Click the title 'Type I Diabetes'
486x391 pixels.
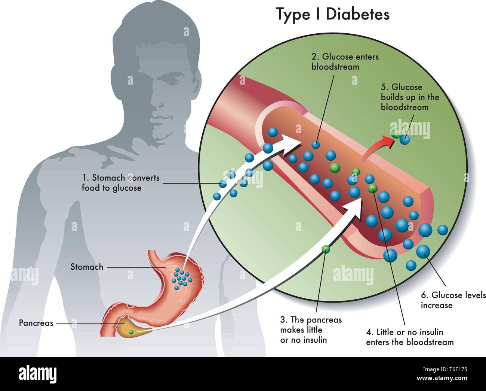[333, 15]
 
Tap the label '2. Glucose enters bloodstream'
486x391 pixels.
[345, 61]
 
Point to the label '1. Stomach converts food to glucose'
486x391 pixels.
[121, 183]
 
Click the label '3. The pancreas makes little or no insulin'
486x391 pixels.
[311, 330]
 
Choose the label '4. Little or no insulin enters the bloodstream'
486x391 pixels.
[410, 337]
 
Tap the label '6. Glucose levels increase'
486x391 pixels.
[453, 300]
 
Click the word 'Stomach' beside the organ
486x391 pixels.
[87, 267]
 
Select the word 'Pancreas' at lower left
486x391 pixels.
[36, 323]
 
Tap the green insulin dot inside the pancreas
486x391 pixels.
[131, 332]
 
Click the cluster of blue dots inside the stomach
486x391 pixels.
[182, 279]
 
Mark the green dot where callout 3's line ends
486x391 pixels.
[326, 249]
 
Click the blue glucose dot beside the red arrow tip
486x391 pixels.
[405, 140]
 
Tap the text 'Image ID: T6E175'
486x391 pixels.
[445, 370]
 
